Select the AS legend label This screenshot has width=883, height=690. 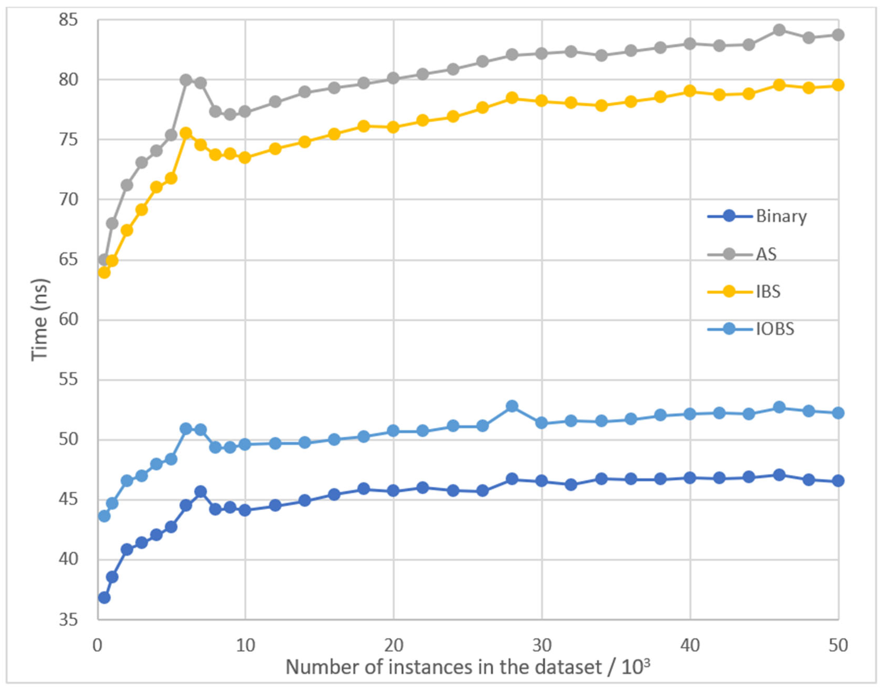766,254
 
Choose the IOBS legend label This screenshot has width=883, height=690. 775,329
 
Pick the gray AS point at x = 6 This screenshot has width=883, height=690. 186,80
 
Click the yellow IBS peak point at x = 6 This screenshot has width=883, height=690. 186,133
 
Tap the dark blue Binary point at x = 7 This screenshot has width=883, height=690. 200,492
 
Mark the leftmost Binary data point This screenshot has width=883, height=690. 104,597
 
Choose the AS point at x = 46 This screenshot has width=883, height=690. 779,30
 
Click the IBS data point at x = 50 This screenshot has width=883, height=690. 838,85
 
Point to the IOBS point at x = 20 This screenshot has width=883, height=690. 393,431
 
